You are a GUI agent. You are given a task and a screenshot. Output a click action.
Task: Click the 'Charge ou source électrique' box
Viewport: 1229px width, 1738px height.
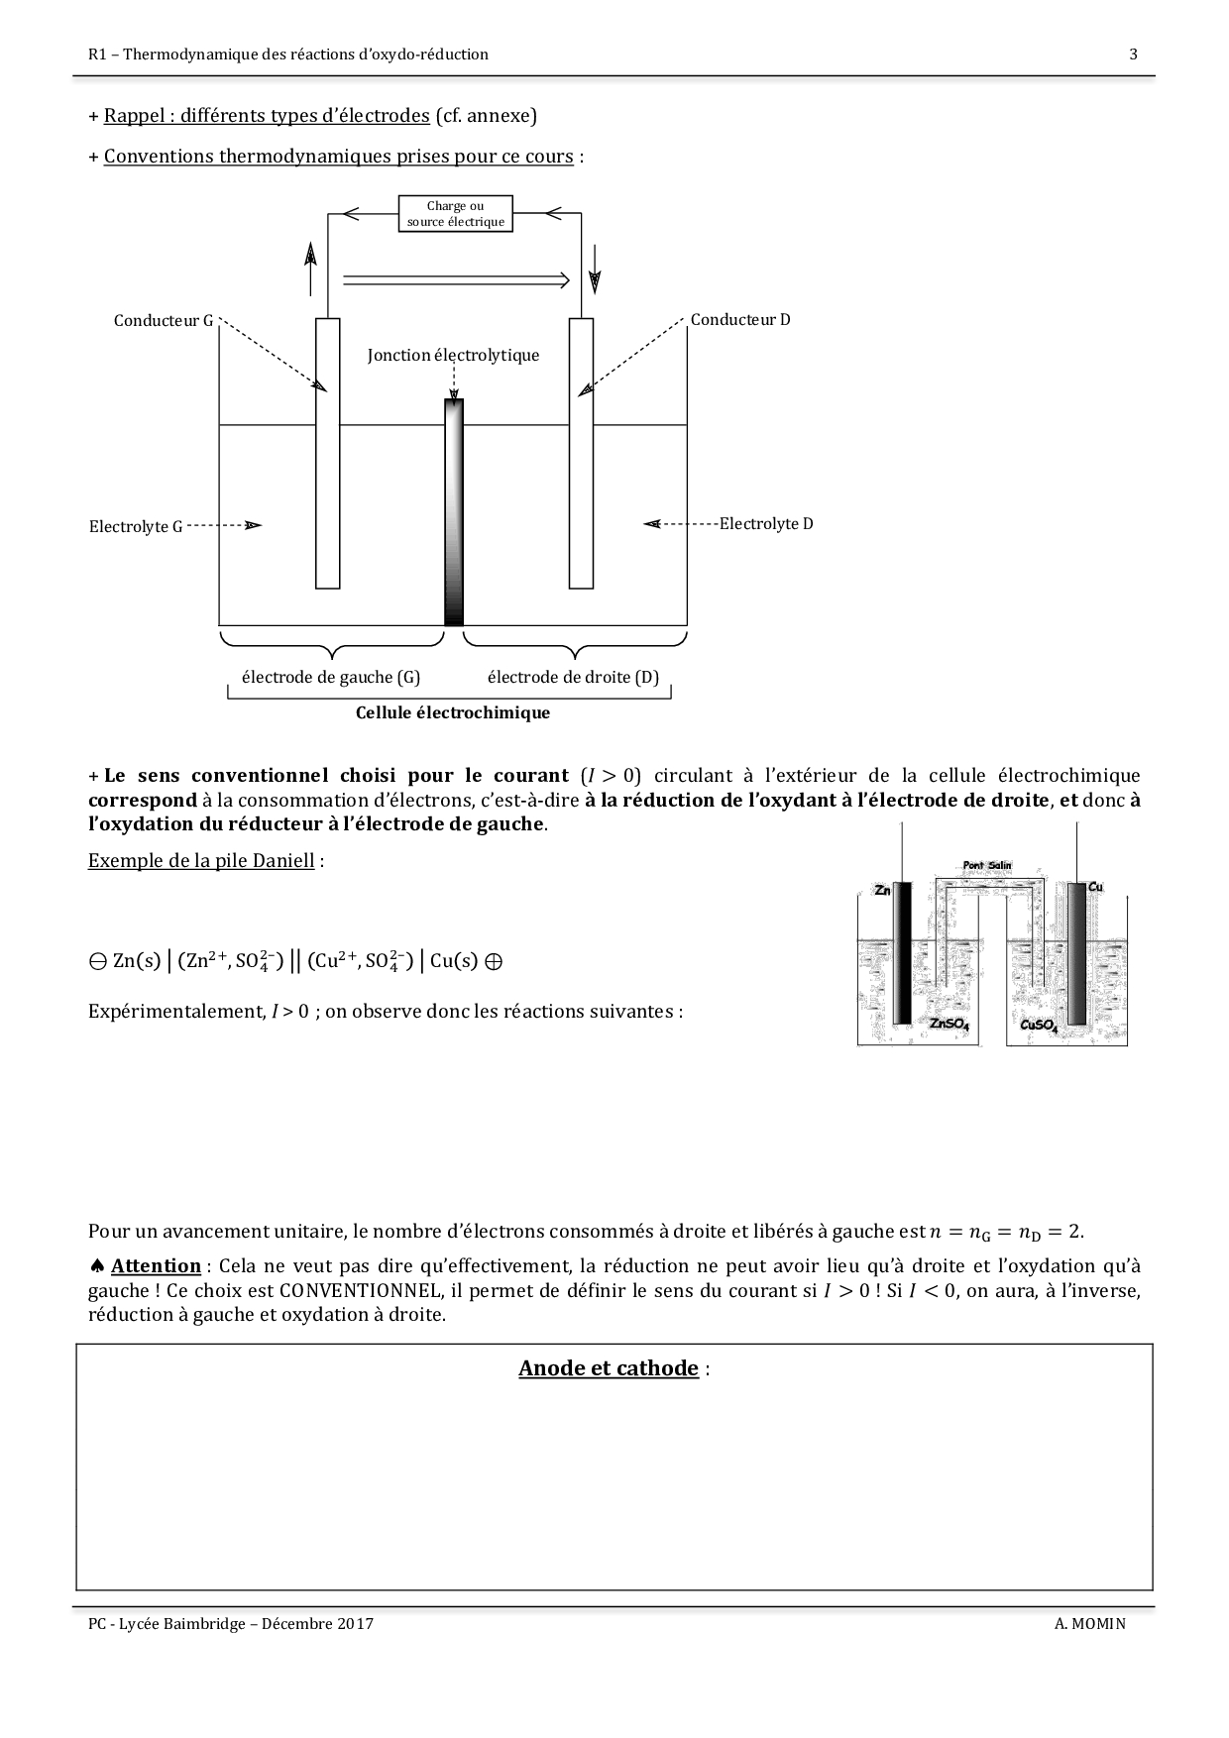click(456, 214)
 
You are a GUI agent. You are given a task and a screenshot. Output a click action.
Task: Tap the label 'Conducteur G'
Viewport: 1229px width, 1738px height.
click(164, 321)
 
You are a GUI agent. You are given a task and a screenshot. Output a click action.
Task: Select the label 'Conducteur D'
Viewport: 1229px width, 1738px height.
click(740, 320)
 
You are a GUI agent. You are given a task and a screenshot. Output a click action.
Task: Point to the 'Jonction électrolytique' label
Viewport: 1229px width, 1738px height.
click(453, 356)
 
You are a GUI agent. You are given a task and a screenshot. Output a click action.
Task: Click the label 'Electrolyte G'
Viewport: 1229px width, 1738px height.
click(136, 527)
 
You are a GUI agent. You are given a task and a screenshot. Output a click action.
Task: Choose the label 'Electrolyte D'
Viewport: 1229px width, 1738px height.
click(766, 524)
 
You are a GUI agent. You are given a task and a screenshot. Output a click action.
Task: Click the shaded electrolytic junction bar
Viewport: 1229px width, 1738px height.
click(454, 512)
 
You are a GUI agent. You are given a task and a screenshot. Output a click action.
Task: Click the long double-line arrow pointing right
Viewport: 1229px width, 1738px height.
click(456, 280)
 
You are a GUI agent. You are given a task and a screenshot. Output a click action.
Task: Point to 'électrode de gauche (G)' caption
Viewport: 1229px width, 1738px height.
click(331, 678)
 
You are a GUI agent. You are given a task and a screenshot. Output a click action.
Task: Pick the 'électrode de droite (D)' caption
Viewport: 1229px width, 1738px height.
click(573, 678)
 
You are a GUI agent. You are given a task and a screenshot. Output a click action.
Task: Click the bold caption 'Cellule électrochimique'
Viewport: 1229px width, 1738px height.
click(453, 713)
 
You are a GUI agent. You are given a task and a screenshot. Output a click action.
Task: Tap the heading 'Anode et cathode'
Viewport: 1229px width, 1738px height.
click(609, 1368)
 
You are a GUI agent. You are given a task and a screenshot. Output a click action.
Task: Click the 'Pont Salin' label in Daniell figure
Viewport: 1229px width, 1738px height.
click(987, 865)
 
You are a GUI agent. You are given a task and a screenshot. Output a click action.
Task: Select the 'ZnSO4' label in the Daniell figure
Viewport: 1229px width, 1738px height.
click(949, 1025)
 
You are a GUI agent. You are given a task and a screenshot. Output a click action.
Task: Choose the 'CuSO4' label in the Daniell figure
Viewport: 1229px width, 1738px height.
click(1039, 1026)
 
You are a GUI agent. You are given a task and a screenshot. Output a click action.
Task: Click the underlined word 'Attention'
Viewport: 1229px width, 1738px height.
click(156, 1266)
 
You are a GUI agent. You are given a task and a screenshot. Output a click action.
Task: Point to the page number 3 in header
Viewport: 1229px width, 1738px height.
click(1133, 54)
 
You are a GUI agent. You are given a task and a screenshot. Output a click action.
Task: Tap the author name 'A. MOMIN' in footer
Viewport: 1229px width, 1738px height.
click(1090, 1624)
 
